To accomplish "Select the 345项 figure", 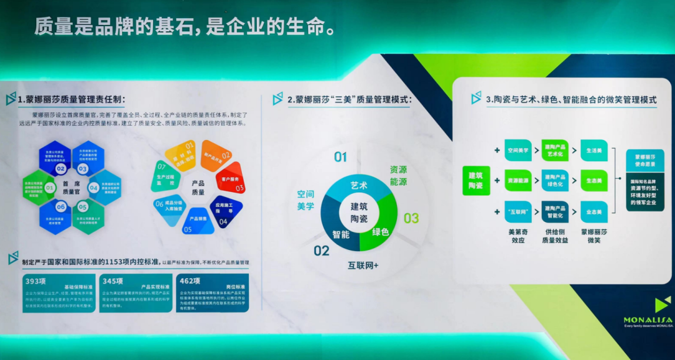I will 113,281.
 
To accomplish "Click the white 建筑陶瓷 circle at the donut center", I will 359,213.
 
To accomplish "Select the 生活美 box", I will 594,151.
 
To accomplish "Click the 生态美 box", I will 594,180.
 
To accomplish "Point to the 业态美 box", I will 594,212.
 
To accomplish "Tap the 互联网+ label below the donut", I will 364,265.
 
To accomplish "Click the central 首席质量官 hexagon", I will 70,188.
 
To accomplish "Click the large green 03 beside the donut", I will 411,218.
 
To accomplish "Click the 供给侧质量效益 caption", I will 555,236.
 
